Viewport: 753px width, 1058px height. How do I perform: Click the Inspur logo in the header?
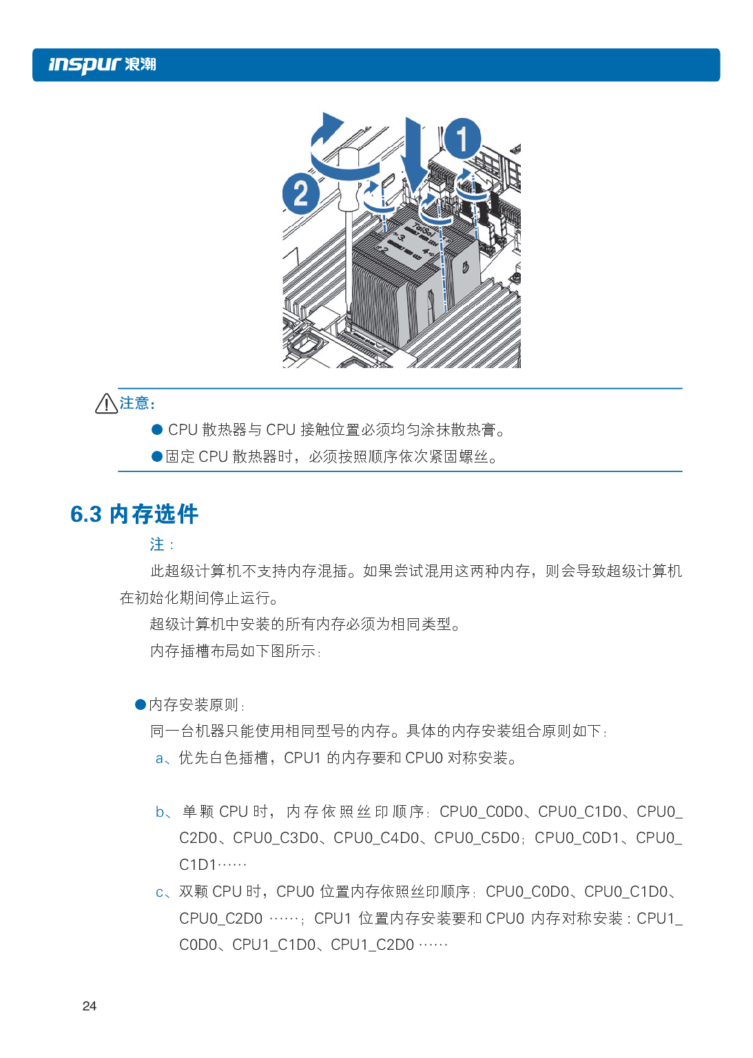(102, 65)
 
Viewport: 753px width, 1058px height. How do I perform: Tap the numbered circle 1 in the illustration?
(462, 139)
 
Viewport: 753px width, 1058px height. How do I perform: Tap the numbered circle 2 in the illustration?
(301, 194)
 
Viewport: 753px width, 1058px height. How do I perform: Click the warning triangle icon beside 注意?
(107, 404)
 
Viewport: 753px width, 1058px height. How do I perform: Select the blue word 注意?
(134, 403)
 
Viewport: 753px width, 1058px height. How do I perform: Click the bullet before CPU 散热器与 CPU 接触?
(157, 430)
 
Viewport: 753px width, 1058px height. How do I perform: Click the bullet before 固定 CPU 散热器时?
(157, 457)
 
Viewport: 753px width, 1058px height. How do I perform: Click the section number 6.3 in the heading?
(86, 514)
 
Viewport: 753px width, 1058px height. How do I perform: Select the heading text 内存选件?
(154, 514)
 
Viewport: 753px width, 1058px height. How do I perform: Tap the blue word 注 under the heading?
(157, 544)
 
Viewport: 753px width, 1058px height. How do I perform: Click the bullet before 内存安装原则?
(141, 704)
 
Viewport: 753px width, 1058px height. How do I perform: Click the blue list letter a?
(160, 759)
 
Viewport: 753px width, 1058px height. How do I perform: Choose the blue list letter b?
(160, 811)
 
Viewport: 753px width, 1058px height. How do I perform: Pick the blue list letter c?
(160, 893)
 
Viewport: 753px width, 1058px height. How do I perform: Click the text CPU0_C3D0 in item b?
(276, 838)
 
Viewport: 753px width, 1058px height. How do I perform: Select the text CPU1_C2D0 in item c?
(372, 945)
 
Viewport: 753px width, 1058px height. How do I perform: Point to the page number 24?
(90, 1006)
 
